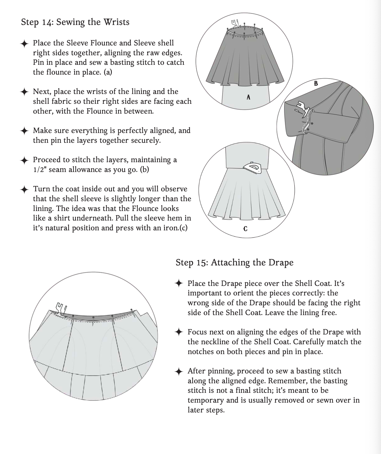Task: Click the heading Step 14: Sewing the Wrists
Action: [75, 22]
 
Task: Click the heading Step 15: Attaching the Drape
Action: [234, 262]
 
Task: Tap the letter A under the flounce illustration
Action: [248, 97]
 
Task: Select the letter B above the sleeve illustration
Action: [316, 83]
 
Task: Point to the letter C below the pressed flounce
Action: [245, 229]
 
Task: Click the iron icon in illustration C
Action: [252, 168]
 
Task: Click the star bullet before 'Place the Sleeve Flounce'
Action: [24, 43]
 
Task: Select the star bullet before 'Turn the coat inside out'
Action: [24, 189]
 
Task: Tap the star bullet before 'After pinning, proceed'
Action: [179, 372]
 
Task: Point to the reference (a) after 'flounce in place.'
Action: [108, 72]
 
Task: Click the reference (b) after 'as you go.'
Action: [144, 169]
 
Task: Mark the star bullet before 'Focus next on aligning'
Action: [179, 333]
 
